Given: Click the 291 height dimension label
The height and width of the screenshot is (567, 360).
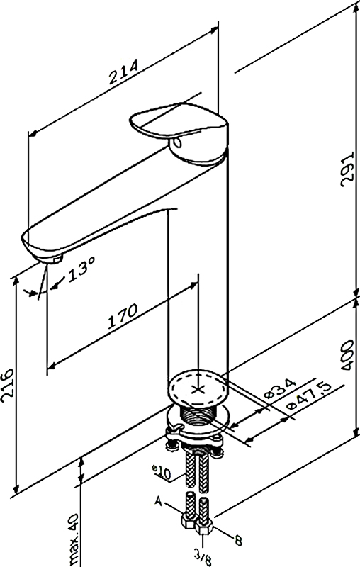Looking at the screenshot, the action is pyautogui.click(x=347, y=169).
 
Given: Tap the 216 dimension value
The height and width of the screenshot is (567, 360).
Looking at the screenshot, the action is pyautogui.click(x=7, y=386).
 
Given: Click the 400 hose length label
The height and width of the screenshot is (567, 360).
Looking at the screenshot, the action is pyautogui.click(x=347, y=355).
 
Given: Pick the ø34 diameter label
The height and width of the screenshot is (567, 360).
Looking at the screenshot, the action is pyautogui.click(x=279, y=388).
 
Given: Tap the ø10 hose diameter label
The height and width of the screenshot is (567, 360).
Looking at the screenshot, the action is pyautogui.click(x=162, y=472).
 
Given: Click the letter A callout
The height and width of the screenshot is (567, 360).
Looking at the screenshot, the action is pyautogui.click(x=158, y=501).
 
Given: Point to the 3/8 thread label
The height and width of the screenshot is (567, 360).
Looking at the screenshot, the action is pyautogui.click(x=203, y=557).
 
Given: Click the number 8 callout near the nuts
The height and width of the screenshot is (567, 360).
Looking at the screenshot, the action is pyautogui.click(x=238, y=541).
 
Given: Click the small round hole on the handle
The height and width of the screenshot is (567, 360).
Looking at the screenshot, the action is pyautogui.click(x=178, y=143).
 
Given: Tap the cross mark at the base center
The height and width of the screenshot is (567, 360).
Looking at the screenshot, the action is pyautogui.click(x=198, y=389).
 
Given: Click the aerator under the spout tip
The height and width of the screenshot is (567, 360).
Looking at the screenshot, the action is pyautogui.click(x=56, y=259).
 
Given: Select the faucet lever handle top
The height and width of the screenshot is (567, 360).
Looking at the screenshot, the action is pyautogui.click(x=179, y=122).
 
